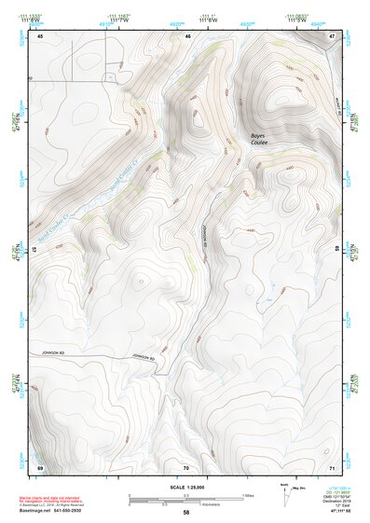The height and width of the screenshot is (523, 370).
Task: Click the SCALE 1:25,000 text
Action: click(x=185, y=488)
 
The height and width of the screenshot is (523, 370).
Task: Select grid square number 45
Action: click(x=40, y=35)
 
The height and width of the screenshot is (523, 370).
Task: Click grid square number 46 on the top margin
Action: click(x=188, y=35)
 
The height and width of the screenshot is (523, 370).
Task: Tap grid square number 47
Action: click(x=332, y=35)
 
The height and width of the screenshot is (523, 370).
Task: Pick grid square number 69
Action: click(x=40, y=466)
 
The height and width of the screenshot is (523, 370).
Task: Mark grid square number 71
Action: click(x=332, y=466)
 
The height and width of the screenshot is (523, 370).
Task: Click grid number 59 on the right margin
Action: click(x=336, y=249)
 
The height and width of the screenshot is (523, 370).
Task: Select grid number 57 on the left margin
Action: click(x=35, y=249)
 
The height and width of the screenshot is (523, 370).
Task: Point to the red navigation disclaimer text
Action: click(x=63, y=501)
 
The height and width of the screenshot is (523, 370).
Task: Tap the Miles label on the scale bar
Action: click(x=247, y=494)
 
